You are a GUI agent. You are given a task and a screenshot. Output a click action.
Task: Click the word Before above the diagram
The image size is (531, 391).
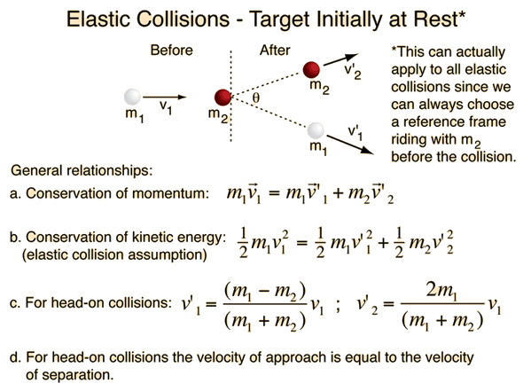(x=171, y=51)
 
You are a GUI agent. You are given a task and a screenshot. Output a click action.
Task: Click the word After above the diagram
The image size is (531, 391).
(x=275, y=51)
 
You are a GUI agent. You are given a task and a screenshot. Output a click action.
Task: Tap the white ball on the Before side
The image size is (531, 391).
(x=132, y=97)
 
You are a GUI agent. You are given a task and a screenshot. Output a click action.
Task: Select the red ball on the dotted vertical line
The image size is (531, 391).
(x=223, y=98)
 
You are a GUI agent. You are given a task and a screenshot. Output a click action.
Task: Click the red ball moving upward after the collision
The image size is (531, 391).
(x=311, y=70)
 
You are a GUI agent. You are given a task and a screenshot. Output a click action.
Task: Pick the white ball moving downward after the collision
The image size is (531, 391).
(x=316, y=131)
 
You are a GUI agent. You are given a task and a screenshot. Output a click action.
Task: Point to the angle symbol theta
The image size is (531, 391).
(x=256, y=98)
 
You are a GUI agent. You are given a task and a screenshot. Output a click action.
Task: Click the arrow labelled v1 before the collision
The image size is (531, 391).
(x=165, y=98)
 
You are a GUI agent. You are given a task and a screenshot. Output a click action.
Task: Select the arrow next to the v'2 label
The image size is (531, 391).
(x=340, y=59)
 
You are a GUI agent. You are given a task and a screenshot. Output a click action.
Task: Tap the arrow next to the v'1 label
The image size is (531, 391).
(x=350, y=145)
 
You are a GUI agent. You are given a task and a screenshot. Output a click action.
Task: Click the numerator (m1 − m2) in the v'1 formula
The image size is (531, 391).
(x=265, y=292)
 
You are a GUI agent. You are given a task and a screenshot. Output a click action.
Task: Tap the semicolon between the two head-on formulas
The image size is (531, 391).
(x=338, y=306)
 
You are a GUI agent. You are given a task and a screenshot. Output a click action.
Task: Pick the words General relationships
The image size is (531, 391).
(x=82, y=170)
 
